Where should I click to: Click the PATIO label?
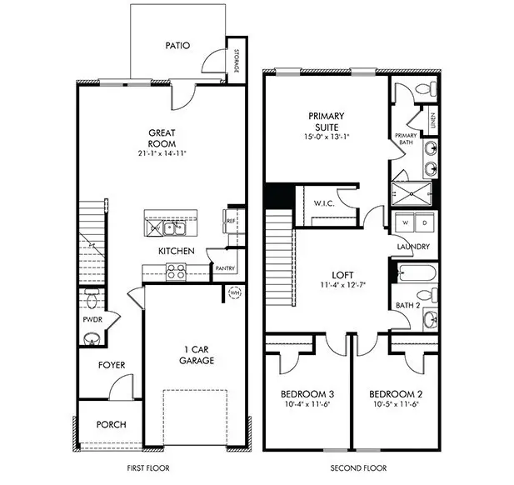(177, 47)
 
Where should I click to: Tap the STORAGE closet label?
(237, 61)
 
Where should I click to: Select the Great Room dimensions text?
(162, 153)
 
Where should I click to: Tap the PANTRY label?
(224, 268)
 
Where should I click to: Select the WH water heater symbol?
(234, 292)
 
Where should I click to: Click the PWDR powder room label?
(92, 319)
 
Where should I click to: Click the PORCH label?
(111, 424)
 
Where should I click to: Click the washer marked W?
(405, 223)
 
